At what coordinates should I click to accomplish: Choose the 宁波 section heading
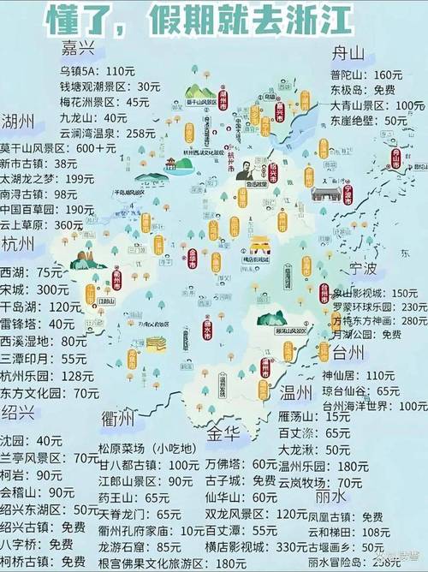coord(363,270)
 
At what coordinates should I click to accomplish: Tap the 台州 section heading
coord(349,353)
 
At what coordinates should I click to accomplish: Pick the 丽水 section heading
coord(331,496)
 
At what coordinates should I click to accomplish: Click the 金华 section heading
coord(225,431)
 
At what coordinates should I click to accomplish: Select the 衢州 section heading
coord(117,418)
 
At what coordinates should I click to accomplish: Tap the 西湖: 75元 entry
coord(32,272)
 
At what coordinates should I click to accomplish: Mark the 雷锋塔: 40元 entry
coord(38,324)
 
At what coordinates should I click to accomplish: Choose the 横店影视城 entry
coord(244,547)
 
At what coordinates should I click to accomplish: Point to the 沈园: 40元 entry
coord(32,440)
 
